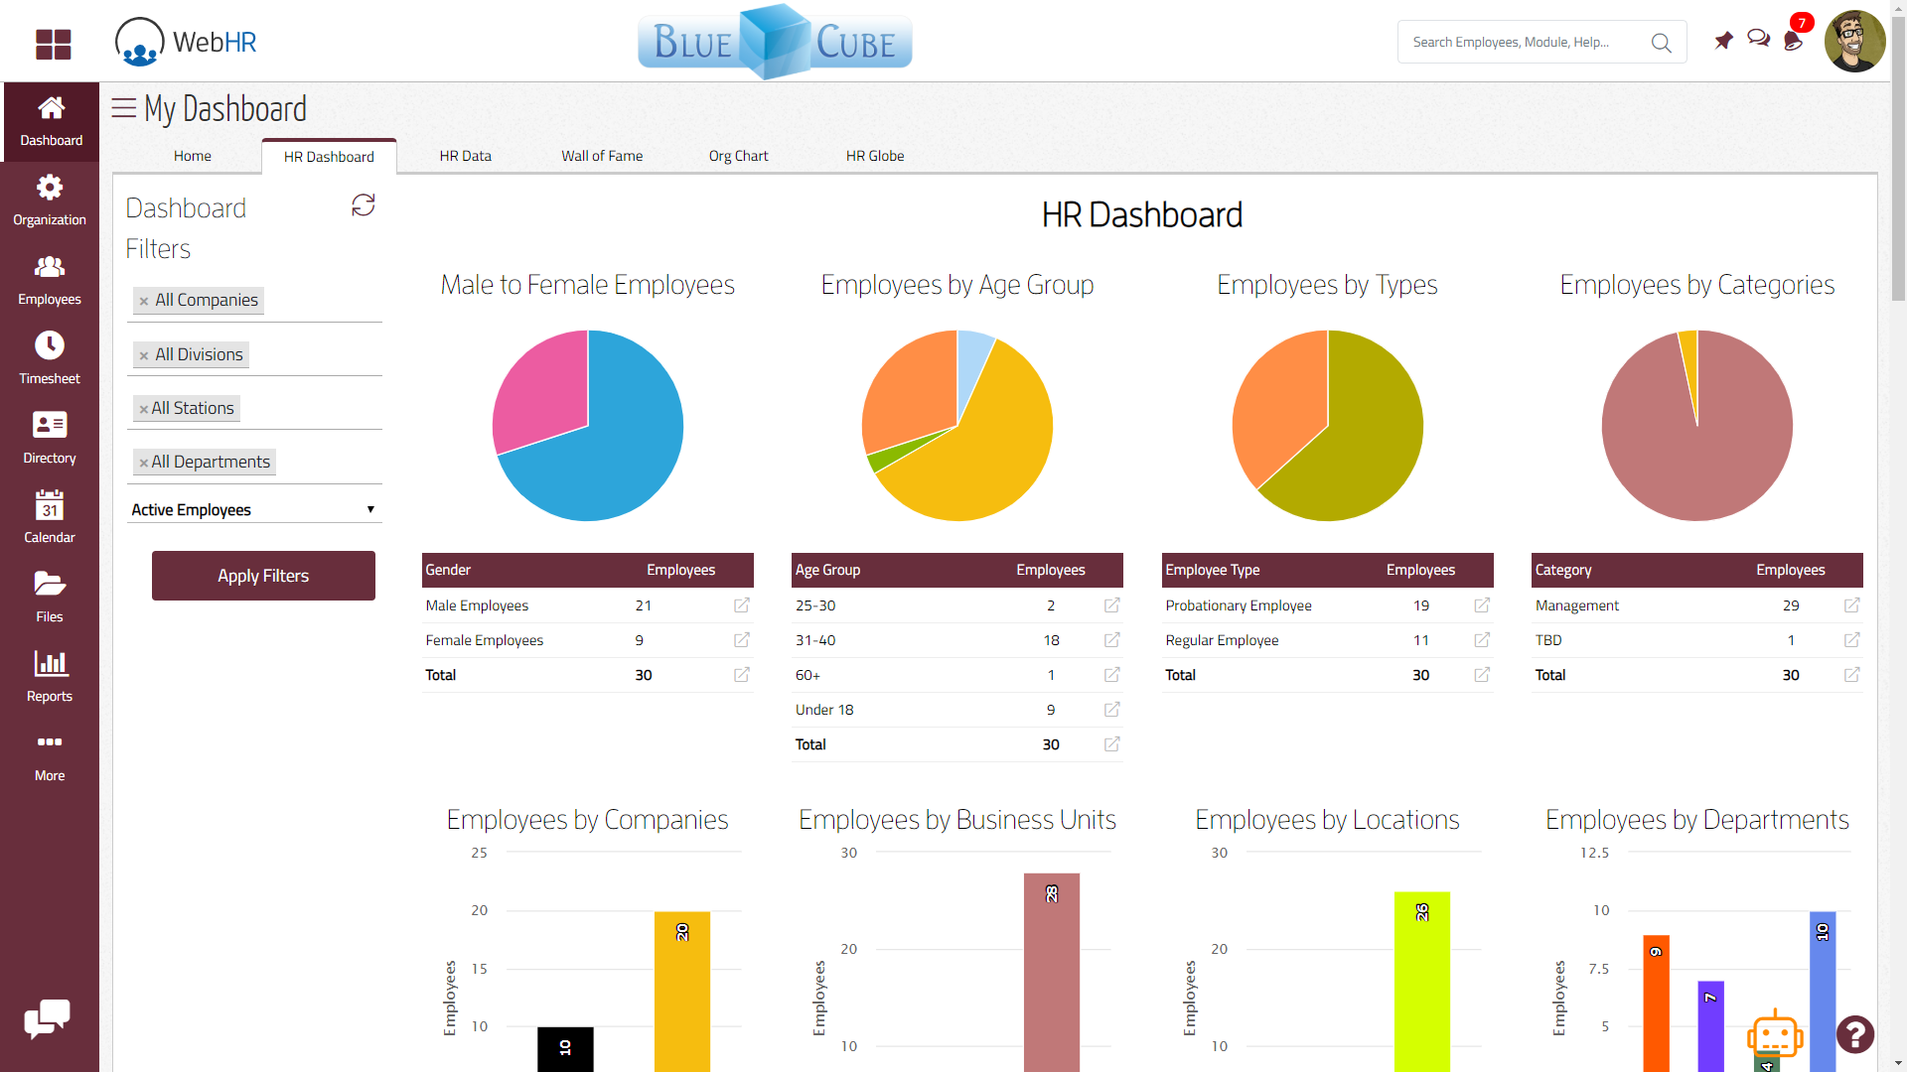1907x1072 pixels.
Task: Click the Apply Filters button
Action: pyautogui.click(x=263, y=576)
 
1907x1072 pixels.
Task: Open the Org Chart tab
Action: pyautogui.click(x=738, y=156)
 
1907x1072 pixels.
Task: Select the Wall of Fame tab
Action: pyautogui.click(x=602, y=156)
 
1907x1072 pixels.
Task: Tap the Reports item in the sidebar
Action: pyautogui.click(x=50, y=675)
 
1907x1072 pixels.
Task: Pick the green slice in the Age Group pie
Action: pyautogui.click(x=883, y=458)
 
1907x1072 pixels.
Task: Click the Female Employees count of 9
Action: pyautogui.click(x=640, y=640)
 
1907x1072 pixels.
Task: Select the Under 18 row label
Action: pyautogui.click(x=824, y=710)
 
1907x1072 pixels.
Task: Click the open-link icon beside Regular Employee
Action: pyautogui.click(x=1482, y=640)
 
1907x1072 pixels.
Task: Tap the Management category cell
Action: pyautogui.click(x=1577, y=605)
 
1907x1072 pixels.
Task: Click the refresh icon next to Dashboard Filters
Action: pyautogui.click(x=364, y=205)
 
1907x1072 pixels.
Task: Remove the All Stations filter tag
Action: pyautogui.click(x=143, y=409)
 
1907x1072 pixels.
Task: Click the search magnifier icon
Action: pyautogui.click(x=1661, y=43)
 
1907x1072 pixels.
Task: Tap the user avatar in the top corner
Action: pyautogui.click(x=1854, y=42)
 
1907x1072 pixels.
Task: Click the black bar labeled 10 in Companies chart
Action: pyautogui.click(x=565, y=1048)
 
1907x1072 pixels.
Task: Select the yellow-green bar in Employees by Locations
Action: pyautogui.click(x=1421, y=983)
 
